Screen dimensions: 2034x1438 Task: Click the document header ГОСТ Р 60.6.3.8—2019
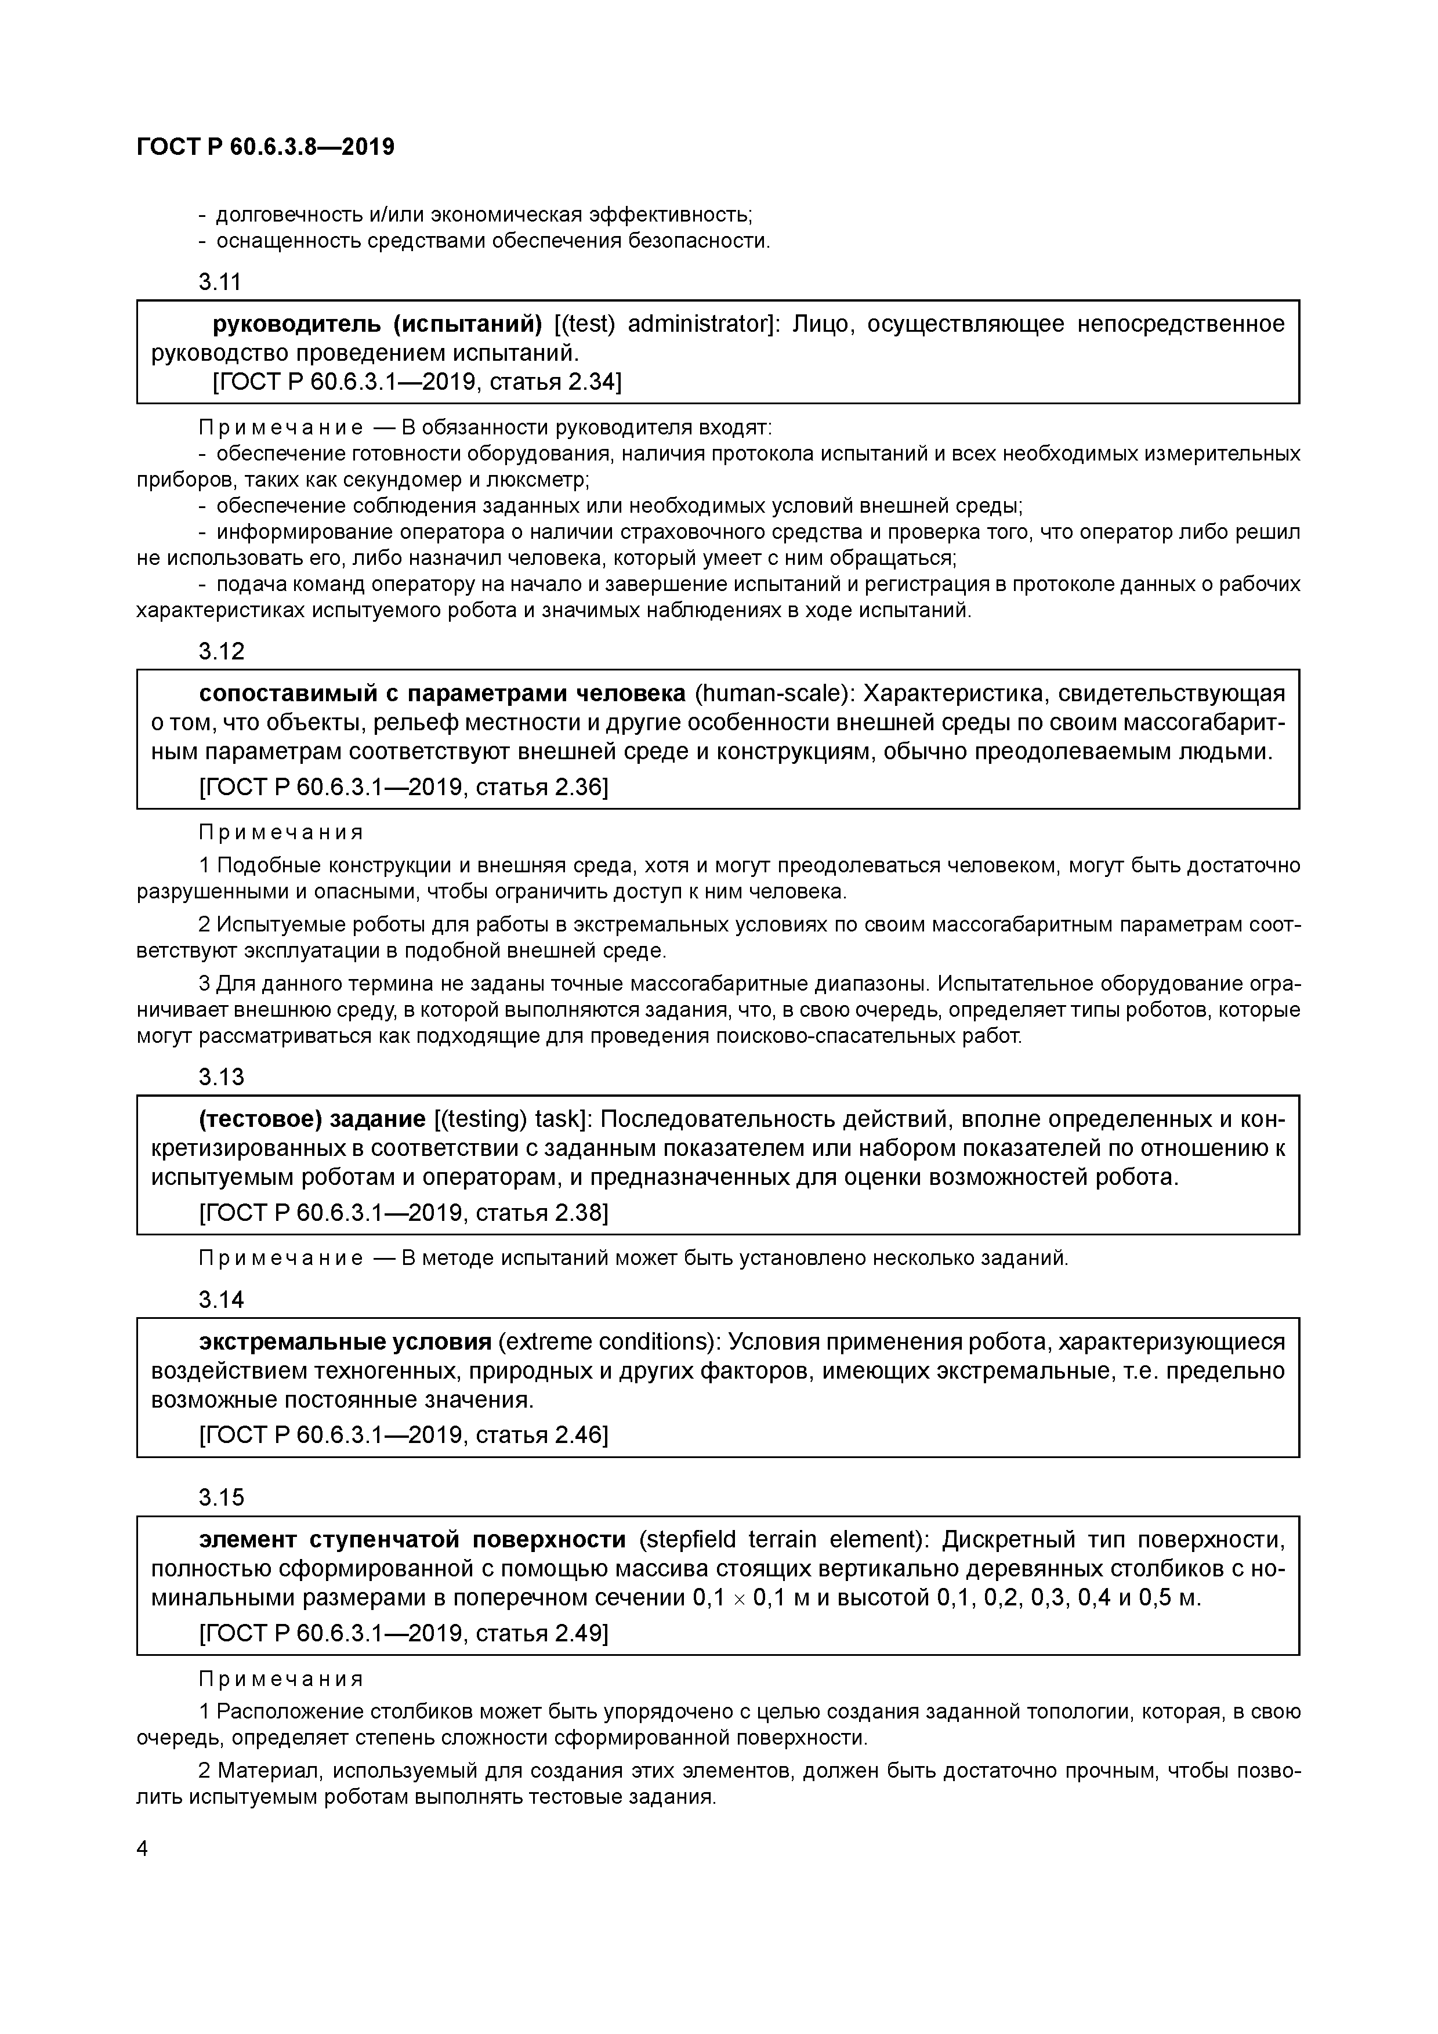pyautogui.click(x=266, y=146)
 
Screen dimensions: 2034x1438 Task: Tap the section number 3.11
pyautogui.click(x=220, y=282)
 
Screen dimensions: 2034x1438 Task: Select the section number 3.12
pyautogui.click(x=220, y=651)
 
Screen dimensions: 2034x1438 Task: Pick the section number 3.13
pyautogui.click(x=220, y=1076)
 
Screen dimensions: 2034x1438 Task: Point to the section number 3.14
pyautogui.click(x=220, y=1300)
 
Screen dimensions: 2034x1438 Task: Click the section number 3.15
pyautogui.click(x=220, y=1497)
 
